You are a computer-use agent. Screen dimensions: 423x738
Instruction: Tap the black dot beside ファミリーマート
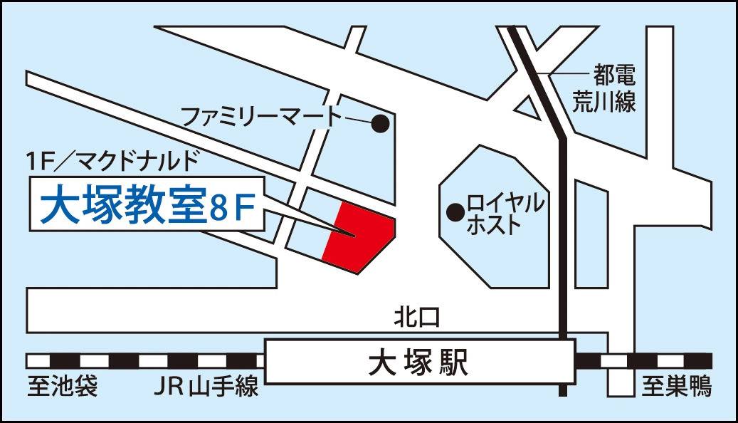coord(381,124)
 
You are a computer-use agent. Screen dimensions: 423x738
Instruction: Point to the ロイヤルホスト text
coord(505,214)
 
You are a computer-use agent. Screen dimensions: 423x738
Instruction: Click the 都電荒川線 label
coord(604,88)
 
